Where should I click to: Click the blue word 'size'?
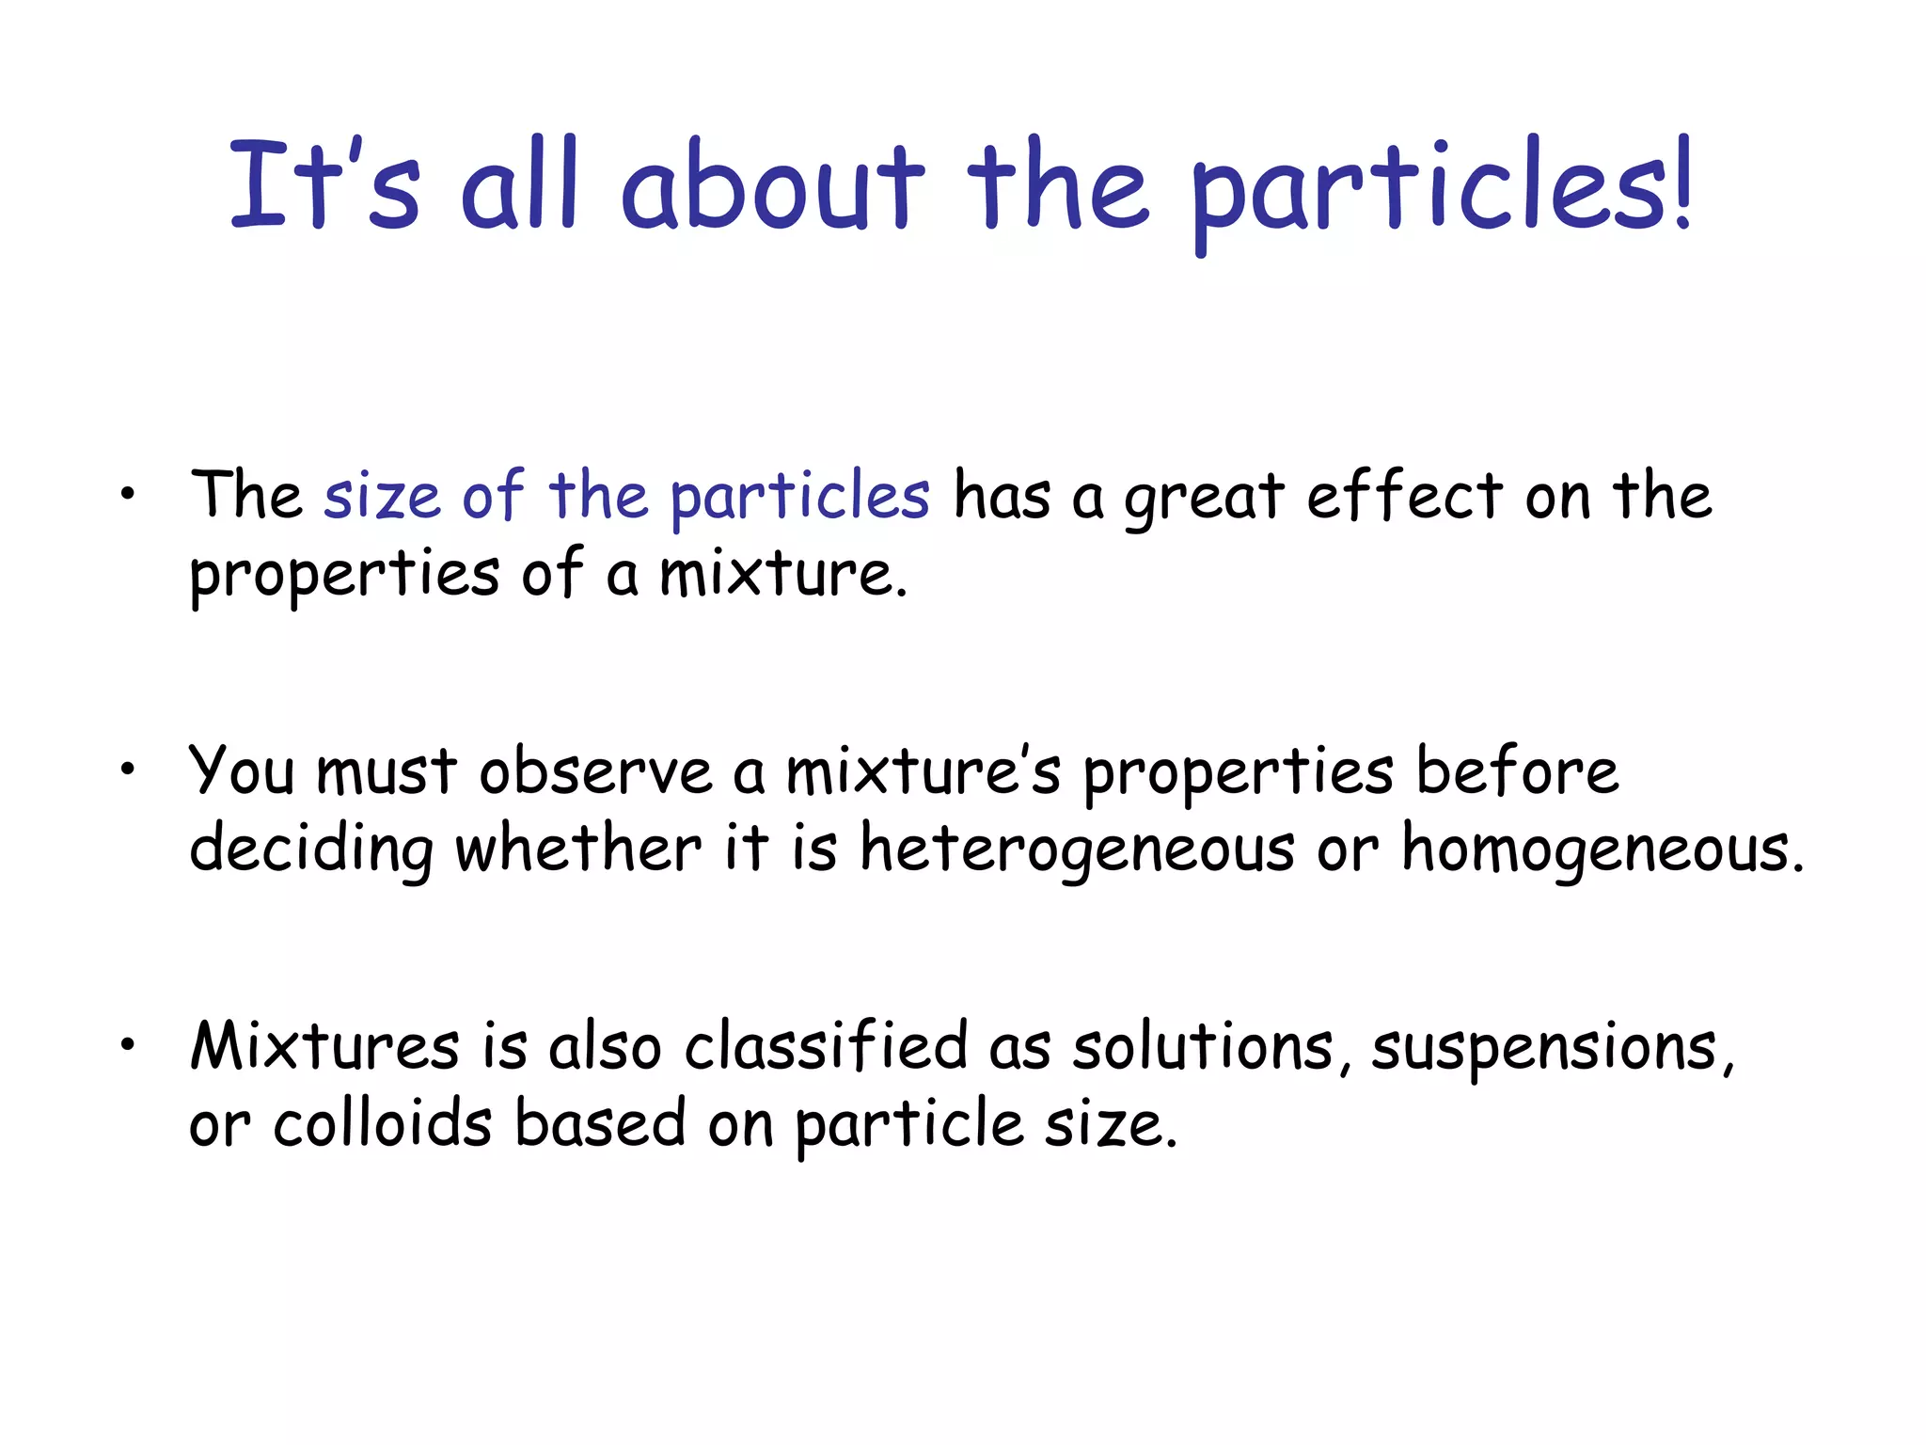[x=382, y=496]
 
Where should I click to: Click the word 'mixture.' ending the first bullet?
[x=783, y=573]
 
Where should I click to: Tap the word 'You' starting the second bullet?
[x=242, y=770]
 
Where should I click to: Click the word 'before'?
[x=1517, y=770]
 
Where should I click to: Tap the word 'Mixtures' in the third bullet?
[x=325, y=1046]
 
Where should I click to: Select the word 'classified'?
[x=826, y=1046]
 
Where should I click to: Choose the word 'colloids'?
[x=383, y=1123]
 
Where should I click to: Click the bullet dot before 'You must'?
[x=128, y=770]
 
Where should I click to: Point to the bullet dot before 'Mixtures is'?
[x=128, y=1044]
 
